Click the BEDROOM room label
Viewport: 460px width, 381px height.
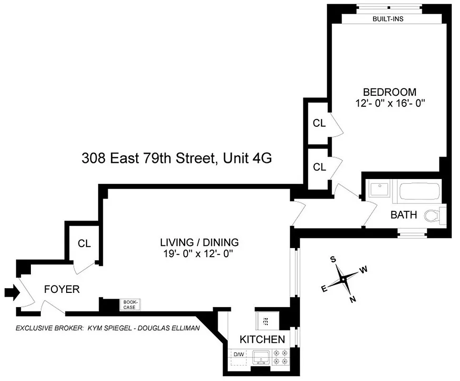tap(389, 92)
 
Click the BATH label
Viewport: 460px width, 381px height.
tap(403, 215)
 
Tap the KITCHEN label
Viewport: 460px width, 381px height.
tap(262, 340)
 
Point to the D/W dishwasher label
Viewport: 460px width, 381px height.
tap(239, 354)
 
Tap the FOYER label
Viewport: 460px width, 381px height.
tap(61, 289)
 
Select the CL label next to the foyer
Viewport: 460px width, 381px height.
tap(84, 243)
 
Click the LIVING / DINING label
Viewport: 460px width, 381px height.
tap(199, 242)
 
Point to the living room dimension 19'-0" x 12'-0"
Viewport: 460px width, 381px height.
tap(199, 253)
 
